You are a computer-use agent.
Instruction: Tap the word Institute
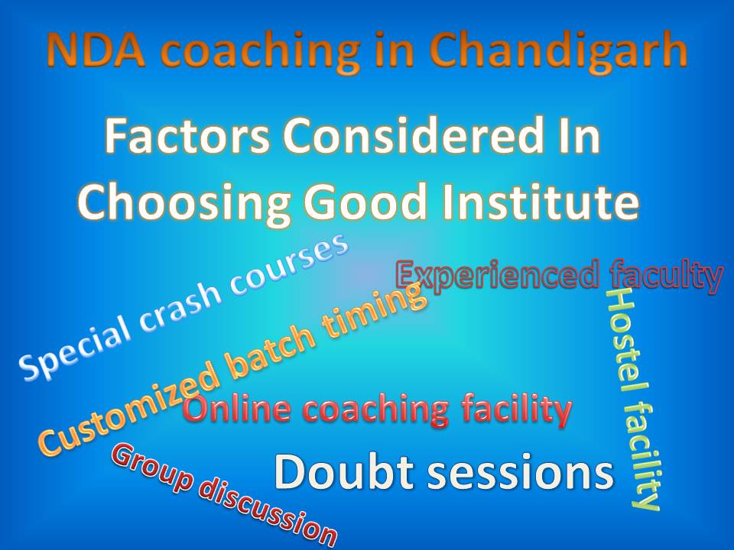tap(547, 203)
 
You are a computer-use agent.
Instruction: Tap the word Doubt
tap(336, 472)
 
